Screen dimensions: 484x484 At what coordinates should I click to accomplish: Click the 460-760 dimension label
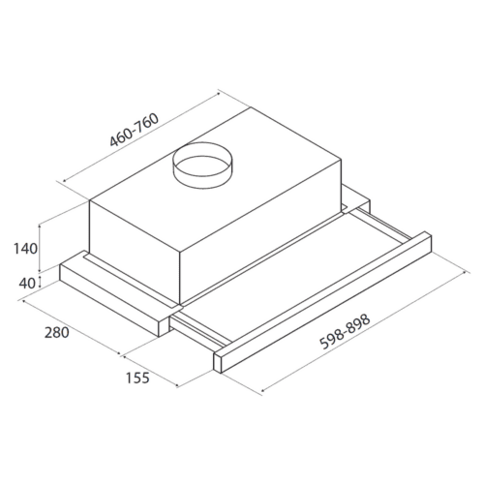point(135,130)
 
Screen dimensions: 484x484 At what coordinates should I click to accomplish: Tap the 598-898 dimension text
point(345,332)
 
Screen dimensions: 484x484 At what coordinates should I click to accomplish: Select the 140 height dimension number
point(25,249)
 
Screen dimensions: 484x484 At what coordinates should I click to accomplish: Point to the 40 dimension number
point(27,284)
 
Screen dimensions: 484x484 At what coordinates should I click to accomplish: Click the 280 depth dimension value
point(57,332)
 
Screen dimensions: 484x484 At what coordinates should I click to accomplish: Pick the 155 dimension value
point(137,378)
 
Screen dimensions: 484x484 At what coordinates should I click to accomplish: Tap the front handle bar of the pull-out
point(322,302)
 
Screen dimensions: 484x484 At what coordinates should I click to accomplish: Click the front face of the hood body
point(135,252)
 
